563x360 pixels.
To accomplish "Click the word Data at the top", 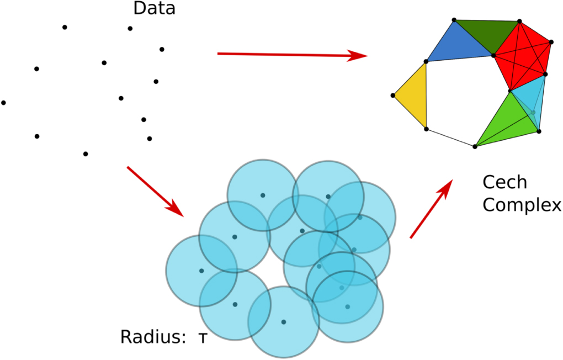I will coord(154,9).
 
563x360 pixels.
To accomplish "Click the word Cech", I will coord(504,182).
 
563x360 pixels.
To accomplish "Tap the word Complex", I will coord(522,205).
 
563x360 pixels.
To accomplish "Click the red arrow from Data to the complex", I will coord(292,55).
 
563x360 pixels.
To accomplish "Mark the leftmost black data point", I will coord(3,103).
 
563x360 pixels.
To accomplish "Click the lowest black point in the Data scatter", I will coord(86,153).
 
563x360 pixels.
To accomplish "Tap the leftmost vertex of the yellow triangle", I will coord(393,96).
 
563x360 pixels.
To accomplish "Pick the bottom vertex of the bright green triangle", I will coord(475,146).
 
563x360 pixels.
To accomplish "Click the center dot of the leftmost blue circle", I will coord(201,271).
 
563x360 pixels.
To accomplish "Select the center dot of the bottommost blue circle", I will coord(284,322).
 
